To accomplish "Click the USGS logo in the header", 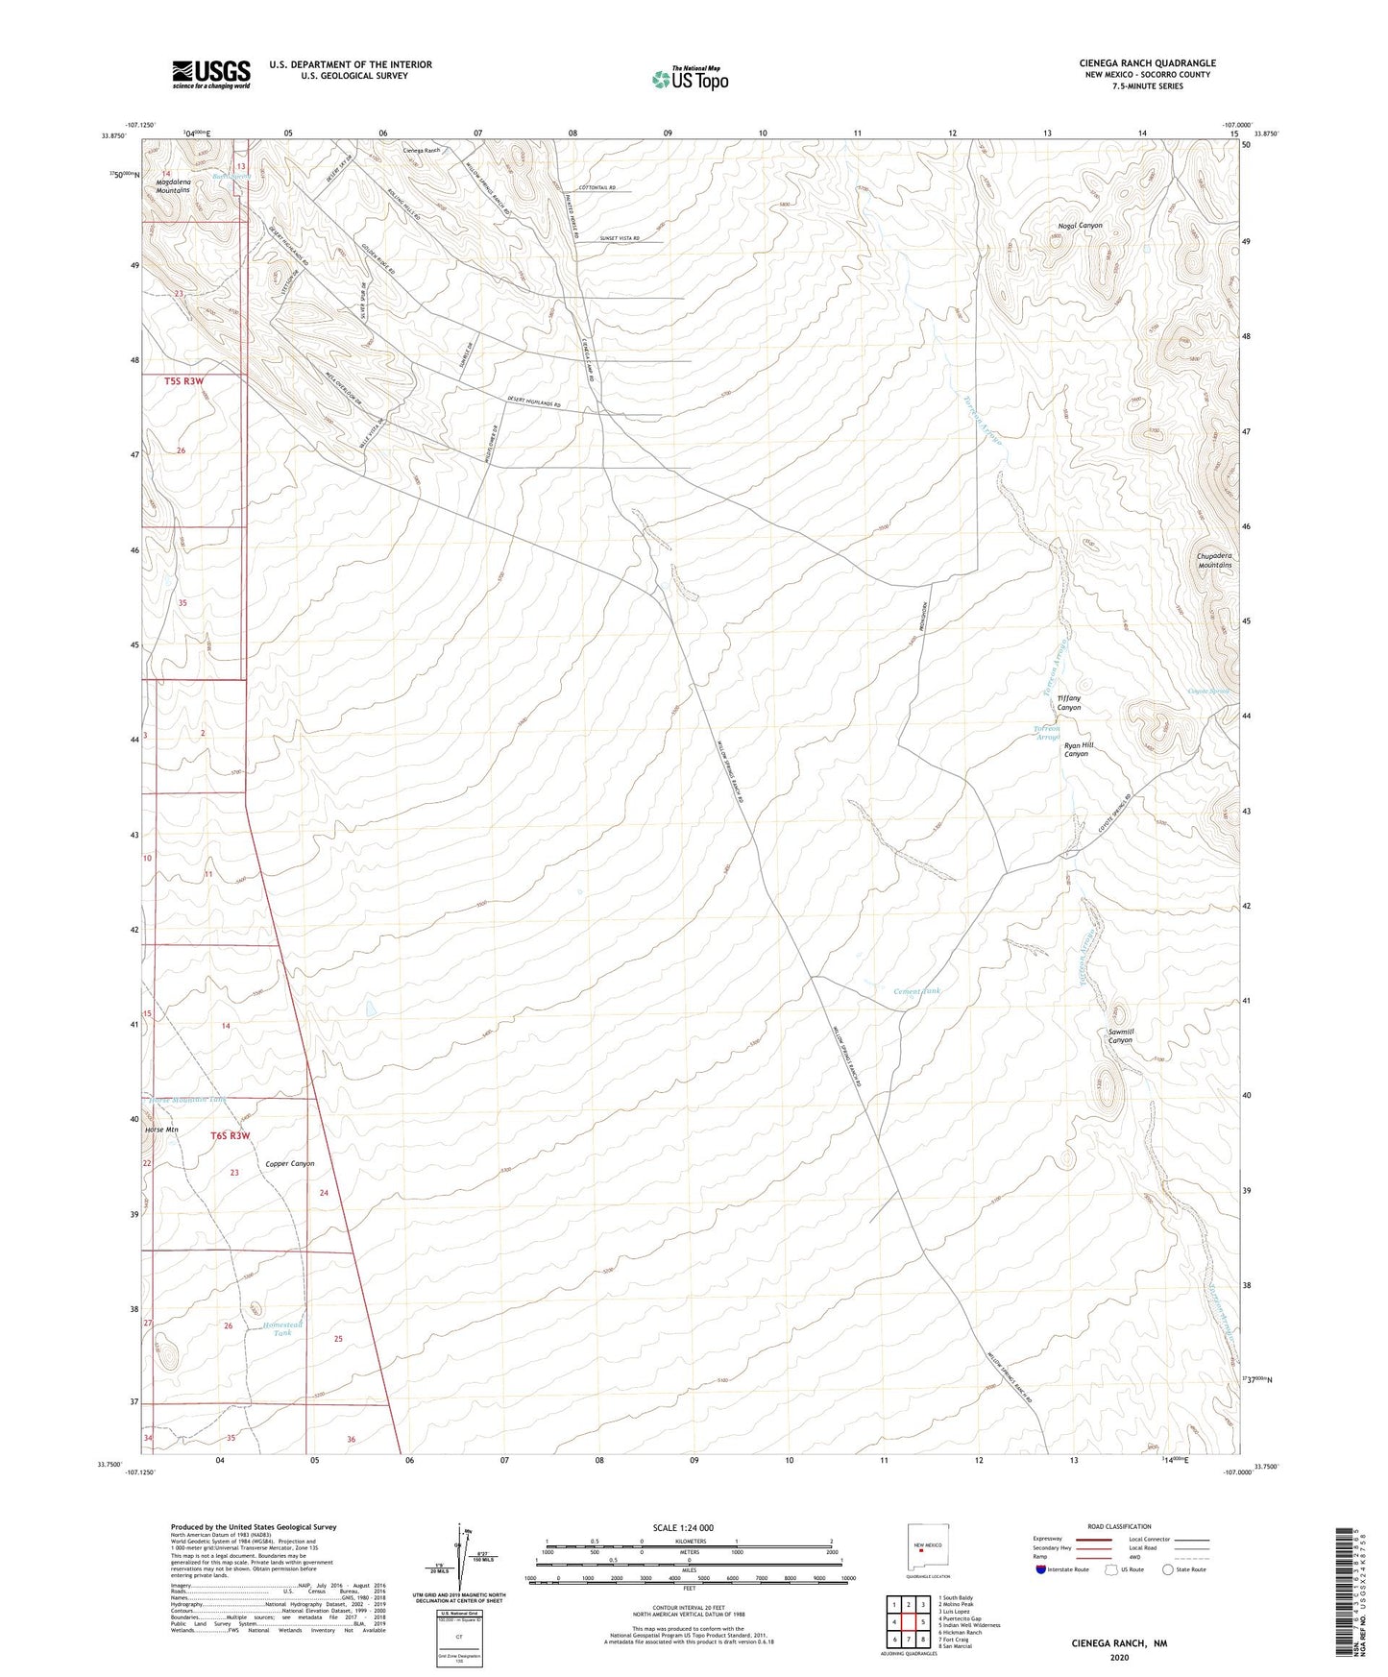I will coord(211,73).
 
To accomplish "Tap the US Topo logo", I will coord(690,79).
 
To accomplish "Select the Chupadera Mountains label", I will coord(1214,560).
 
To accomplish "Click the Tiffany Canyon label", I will coord(1069,703).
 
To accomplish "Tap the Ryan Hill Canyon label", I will coord(1076,749).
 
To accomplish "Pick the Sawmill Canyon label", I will coord(1120,1035).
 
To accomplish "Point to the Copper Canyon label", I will coord(290,1164).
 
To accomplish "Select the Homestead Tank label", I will coord(281,1328).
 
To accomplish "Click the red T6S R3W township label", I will coord(230,1135).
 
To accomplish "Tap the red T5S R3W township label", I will coord(184,381).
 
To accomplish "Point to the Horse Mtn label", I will coord(161,1130).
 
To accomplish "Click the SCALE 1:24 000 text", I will coord(682,1527).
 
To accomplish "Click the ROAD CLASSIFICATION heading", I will coord(1120,1526).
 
